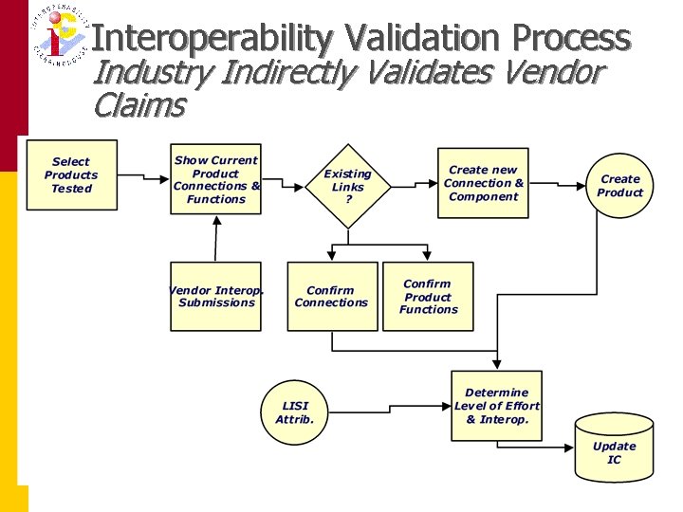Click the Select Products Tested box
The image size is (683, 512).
[71, 175]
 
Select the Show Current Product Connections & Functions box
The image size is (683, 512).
[216, 179]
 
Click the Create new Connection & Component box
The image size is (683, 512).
[483, 183]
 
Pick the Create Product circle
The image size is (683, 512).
[619, 186]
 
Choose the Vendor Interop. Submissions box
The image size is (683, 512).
[216, 297]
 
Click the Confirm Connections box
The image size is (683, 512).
[332, 297]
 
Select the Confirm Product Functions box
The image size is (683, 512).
[428, 297]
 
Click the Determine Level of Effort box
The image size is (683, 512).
[497, 406]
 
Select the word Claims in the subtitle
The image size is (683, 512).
[138, 105]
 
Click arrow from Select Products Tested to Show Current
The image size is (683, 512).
[143, 177]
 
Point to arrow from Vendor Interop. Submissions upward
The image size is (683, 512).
[216, 239]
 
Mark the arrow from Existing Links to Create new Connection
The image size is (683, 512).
[410, 180]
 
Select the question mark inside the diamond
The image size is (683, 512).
[347, 199]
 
